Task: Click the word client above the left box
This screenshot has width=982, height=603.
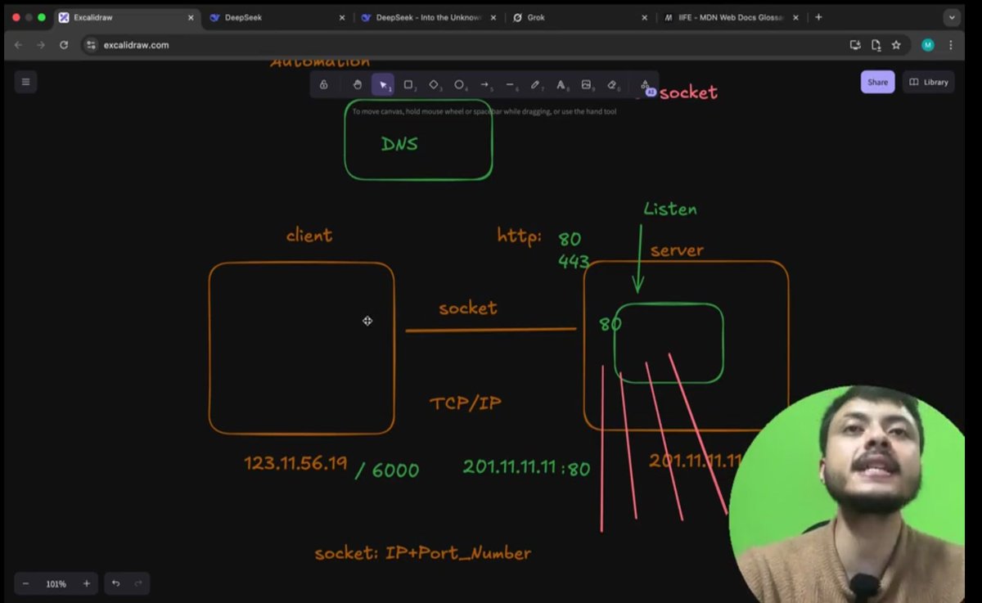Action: [x=309, y=236]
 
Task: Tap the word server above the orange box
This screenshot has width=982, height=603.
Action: [x=677, y=250]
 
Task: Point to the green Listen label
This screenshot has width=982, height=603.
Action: [x=670, y=209]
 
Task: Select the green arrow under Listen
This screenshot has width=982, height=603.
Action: [x=638, y=258]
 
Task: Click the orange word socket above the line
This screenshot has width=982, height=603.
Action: [x=467, y=308]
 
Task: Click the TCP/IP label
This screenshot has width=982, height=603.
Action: [x=466, y=403]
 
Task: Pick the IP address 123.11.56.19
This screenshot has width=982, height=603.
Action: [x=295, y=463]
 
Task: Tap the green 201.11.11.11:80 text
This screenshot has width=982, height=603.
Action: [x=526, y=467]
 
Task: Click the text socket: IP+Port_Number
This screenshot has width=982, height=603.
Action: [x=423, y=553]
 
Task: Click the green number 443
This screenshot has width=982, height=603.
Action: [x=574, y=262]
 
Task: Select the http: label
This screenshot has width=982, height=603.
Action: [x=520, y=236]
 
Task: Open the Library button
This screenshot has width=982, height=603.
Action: [x=929, y=82]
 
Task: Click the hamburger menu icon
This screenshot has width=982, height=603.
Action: [x=25, y=82]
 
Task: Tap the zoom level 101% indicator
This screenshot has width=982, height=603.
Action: [x=56, y=584]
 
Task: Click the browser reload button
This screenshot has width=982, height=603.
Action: [x=64, y=45]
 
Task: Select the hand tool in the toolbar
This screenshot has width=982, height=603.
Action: [x=357, y=84]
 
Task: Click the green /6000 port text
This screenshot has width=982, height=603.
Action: [x=387, y=470]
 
